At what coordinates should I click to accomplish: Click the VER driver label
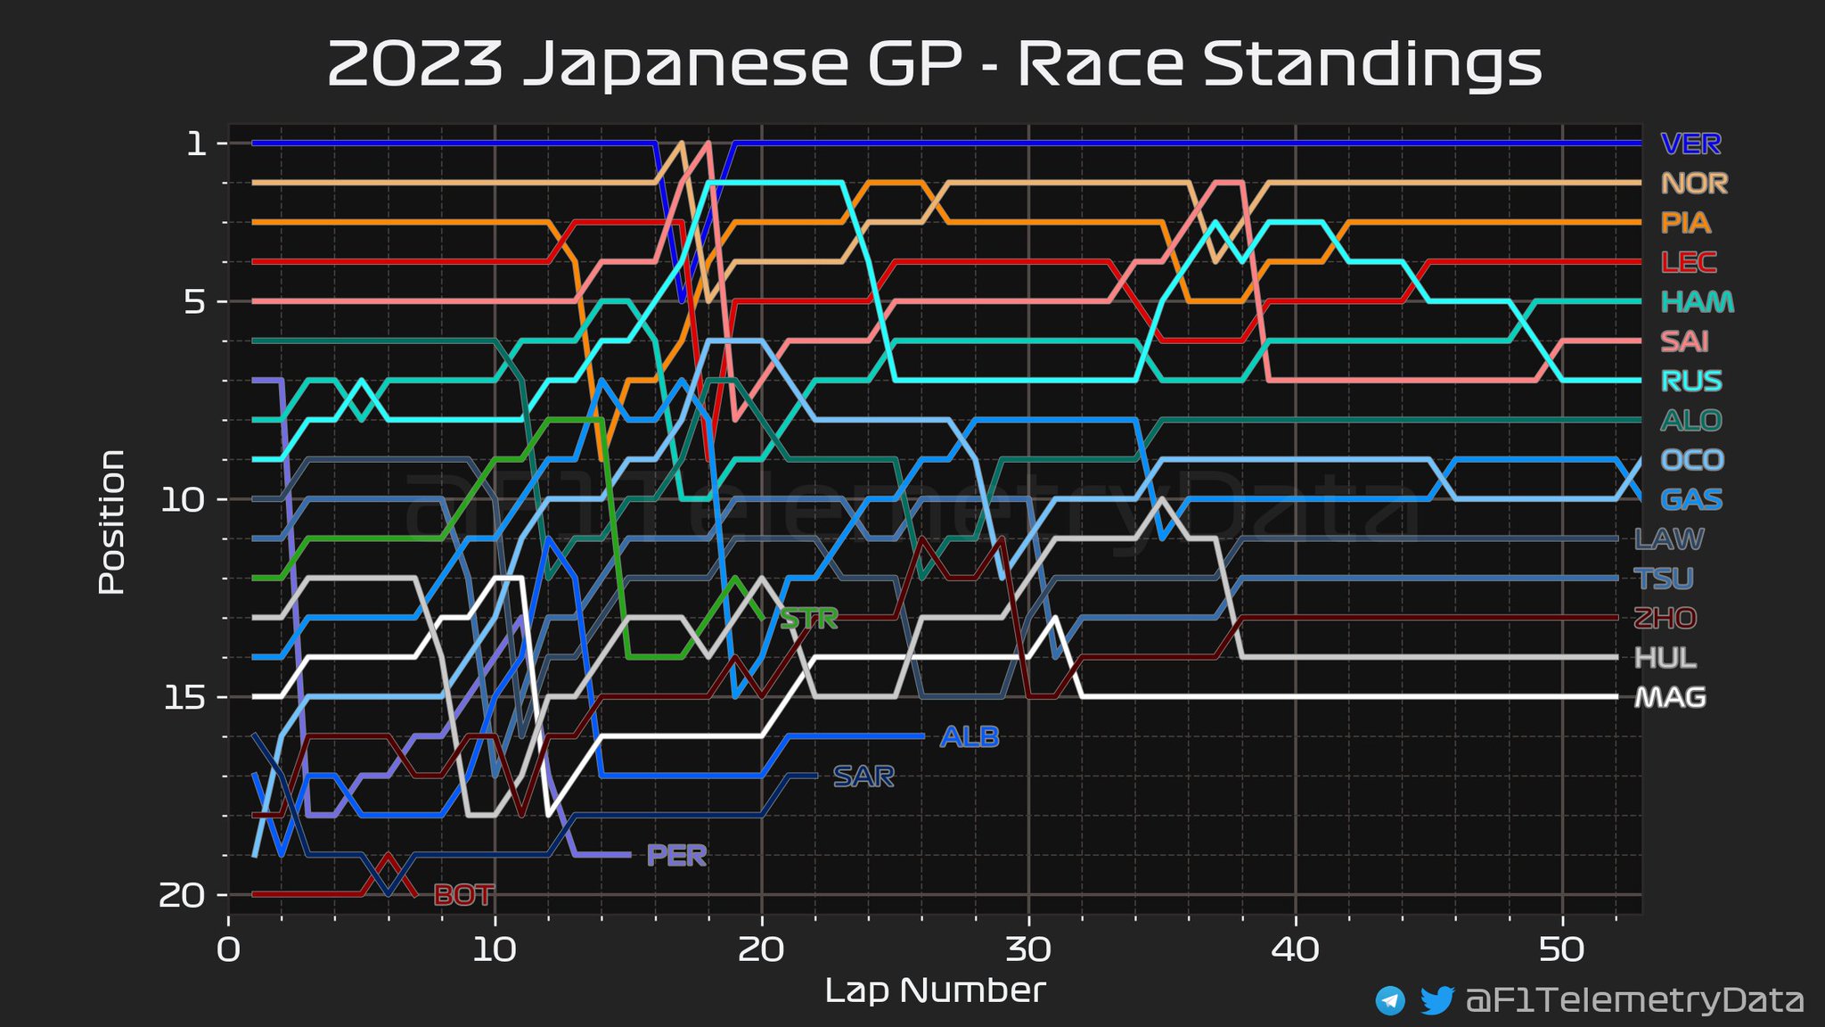pyautogui.click(x=1690, y=144)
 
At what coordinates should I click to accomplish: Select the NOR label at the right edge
pyautogui.click(x=1694, y=184)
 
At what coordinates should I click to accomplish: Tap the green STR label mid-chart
pyautogui.click(x=809, y=619)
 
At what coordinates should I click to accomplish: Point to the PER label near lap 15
pyautogui.click(x=676, y=856)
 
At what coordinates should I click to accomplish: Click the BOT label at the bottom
pyautogui.click(x=463, y=895)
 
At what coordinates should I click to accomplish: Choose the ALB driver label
pyautogui.click(x=970, y=737)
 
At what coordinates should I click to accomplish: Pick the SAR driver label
pyautogui.click(x=863, y=776)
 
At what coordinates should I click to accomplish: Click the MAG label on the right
pyautogui.click(x=1670, y=697)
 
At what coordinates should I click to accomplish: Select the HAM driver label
pyautogui.click(x=1698, y=302)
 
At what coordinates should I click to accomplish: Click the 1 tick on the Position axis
pyautogui.click(x=196, y=144)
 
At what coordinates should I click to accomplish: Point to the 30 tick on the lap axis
pyautogui.click(x=1028, y=950)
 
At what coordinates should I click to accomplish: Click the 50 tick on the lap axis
pyautogui.click(x=1562, y=950)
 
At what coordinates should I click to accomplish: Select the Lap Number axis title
pyautogui.click(x=935, y=990)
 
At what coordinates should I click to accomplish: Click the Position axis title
pyautogui.click(x=111, y=522)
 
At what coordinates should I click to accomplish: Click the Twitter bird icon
pyautogui.click(x=1436, y=1000)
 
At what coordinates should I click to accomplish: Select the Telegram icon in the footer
pyautogui.click(x=1390, y=1000)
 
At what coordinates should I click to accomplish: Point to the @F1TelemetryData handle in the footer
pyautogui.click(x=1634, y=1000)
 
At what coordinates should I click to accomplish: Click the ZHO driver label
pyautogui.click(x=1665, y=618)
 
